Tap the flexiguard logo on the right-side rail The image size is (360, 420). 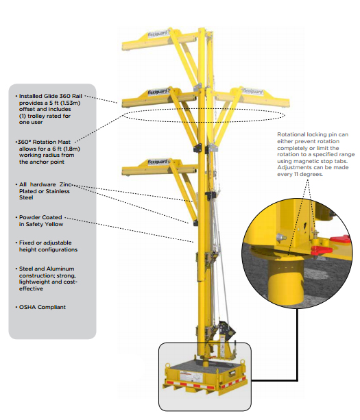(x=252, y=91)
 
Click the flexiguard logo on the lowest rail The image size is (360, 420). (x=158, y=162)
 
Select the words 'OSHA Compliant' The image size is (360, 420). (x=43, y=307)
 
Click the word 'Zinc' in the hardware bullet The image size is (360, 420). (x=65, y=184)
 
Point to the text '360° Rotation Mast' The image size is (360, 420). (x=45, y=142)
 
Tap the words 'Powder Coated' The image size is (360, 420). (x=40, y=217)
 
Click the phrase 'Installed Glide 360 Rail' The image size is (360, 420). (x=51, y=96)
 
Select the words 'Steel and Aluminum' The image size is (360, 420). (x=47, y=269)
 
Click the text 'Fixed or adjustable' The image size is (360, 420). (x=45, y=243)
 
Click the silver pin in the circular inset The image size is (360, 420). (x=281, y=237)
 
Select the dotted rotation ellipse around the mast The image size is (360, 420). (x=204, y=108)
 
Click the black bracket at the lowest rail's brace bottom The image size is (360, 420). (x=195, y=223)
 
